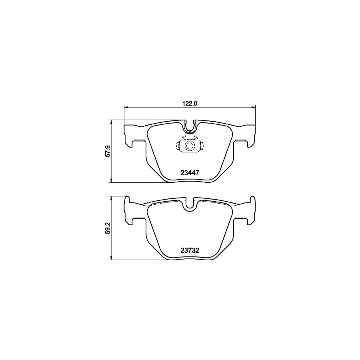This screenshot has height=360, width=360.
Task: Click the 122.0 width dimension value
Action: (190, 104)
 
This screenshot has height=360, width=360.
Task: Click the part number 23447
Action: (190, 173)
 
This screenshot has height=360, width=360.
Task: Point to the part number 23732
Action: (190, 250)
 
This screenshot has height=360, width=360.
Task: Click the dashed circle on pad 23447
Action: (190, 146)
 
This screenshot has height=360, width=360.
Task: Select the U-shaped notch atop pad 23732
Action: (190, 204)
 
